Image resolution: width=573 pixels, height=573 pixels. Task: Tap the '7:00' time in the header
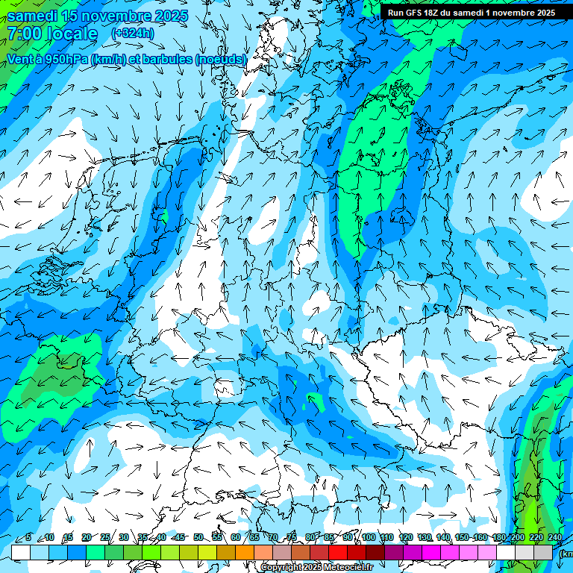point(25,34)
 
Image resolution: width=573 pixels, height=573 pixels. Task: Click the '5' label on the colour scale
point(28,537)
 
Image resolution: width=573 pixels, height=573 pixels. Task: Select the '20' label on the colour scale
point(87,537)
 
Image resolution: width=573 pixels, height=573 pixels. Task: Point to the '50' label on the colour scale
point(198,537)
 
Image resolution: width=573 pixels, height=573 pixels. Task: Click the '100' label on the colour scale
point(368,537)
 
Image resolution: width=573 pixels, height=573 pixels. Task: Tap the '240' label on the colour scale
point(554,537)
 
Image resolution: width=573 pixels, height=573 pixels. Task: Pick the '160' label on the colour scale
point(480,537)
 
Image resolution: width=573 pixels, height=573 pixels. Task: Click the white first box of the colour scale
point(21,552)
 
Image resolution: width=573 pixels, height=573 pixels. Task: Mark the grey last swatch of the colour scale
point(543,552)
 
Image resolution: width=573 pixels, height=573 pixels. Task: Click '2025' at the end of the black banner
point(542,12)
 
